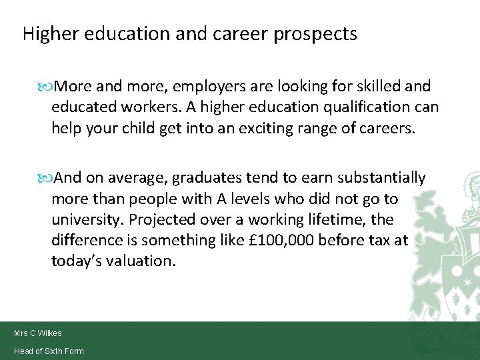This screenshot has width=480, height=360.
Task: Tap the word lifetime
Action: pos(353,219)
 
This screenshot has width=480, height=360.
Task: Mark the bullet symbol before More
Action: pos(46,87)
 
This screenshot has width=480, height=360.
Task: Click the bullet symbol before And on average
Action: pos(46,178)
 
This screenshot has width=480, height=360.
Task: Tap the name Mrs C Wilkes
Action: pos(37,333)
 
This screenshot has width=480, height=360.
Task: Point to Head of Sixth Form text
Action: pos(49,351)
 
